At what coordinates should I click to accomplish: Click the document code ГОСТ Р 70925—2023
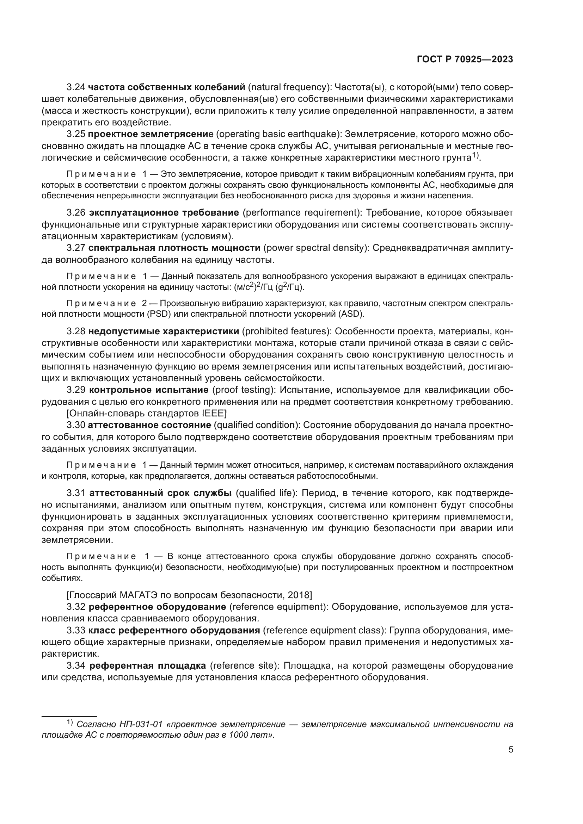pyautogui.click(x=465, y=60)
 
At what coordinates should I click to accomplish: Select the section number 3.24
pyautogui.click(x=76, y=87)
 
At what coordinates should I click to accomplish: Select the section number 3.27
pyautogui.click(x=76, y=248)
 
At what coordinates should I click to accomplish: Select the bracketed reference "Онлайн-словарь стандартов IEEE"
pyautogui.click(x=147, y=414)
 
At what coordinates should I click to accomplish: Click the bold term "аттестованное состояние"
pyautogui.click(x=149, y=425)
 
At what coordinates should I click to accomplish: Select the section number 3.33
pyautogui.click(x=76, y=630)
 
